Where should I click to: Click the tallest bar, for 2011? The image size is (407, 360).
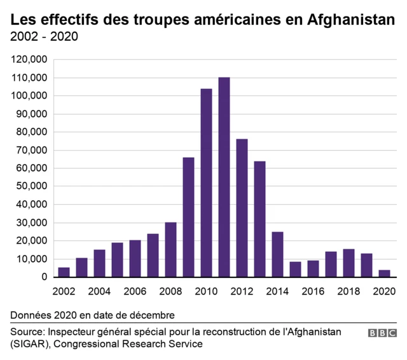(x=224, y=177)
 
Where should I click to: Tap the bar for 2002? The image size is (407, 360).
(x=64, y=272)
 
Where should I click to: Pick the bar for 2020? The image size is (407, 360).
(x=384, y=273)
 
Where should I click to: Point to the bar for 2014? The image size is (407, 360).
(x=277, y=254)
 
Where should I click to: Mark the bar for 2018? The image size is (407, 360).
(x=348, y=263)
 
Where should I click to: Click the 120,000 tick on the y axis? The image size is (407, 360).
(x=29, y=60)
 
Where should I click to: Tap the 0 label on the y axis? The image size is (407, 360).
(x=45, y=277)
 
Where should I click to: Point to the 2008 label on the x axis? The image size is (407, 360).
(x=170, y=293)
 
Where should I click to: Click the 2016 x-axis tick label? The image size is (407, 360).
(x=313, y=293)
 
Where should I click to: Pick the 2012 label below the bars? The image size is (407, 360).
(x=242, y=293)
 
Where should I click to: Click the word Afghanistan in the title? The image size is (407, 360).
(x=350, y=20)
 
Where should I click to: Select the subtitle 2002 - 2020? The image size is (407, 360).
(x=45, y=36)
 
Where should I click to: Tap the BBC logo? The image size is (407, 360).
(x=382, y=333)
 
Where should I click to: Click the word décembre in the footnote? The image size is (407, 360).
(x=153, y=315)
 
